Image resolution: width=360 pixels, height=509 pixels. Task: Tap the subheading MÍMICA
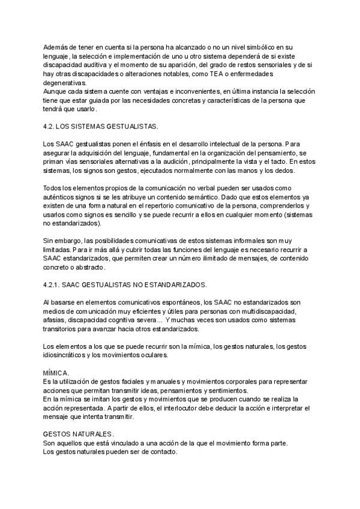[x=56, y=373]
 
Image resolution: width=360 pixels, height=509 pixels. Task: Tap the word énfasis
[x=155, y=145]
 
